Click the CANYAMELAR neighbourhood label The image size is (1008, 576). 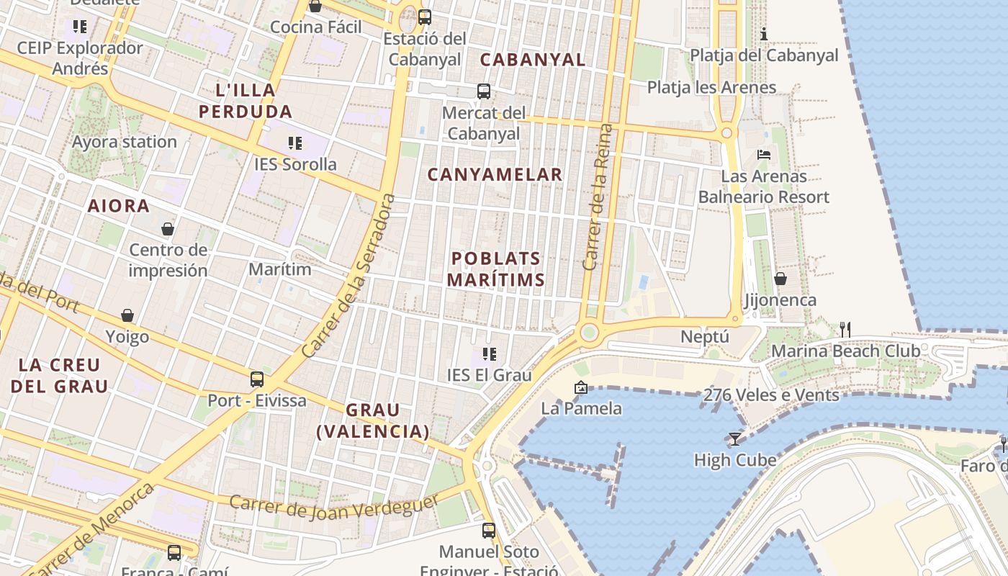[x=495, y=174]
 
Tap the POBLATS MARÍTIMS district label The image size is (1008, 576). [x=495, y=269]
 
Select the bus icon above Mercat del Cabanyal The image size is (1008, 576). [x=484, y=91]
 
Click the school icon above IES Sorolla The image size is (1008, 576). [x=294, y=143]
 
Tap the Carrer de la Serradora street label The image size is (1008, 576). [x=348, y=276]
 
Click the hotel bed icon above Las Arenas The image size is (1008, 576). [x=764, y=154]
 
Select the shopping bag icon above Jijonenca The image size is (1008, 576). [x=780, y=278]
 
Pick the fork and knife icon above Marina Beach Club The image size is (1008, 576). [x=845, y=330]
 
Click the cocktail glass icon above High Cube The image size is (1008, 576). [x=734, y=438]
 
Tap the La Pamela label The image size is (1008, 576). [x=581, y=408]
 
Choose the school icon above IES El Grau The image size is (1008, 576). [x=490, y=354]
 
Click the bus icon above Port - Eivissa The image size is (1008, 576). [x=257, y=379]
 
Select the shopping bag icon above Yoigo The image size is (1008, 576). [x=127, y=315]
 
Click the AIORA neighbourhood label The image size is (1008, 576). [x=119, y=206]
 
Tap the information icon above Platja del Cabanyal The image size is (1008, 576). [x=764, y=34]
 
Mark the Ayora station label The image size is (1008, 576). [x=124, y=142]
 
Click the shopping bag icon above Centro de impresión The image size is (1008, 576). [x=168, y=229]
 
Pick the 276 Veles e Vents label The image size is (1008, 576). [x=771, y=395]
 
